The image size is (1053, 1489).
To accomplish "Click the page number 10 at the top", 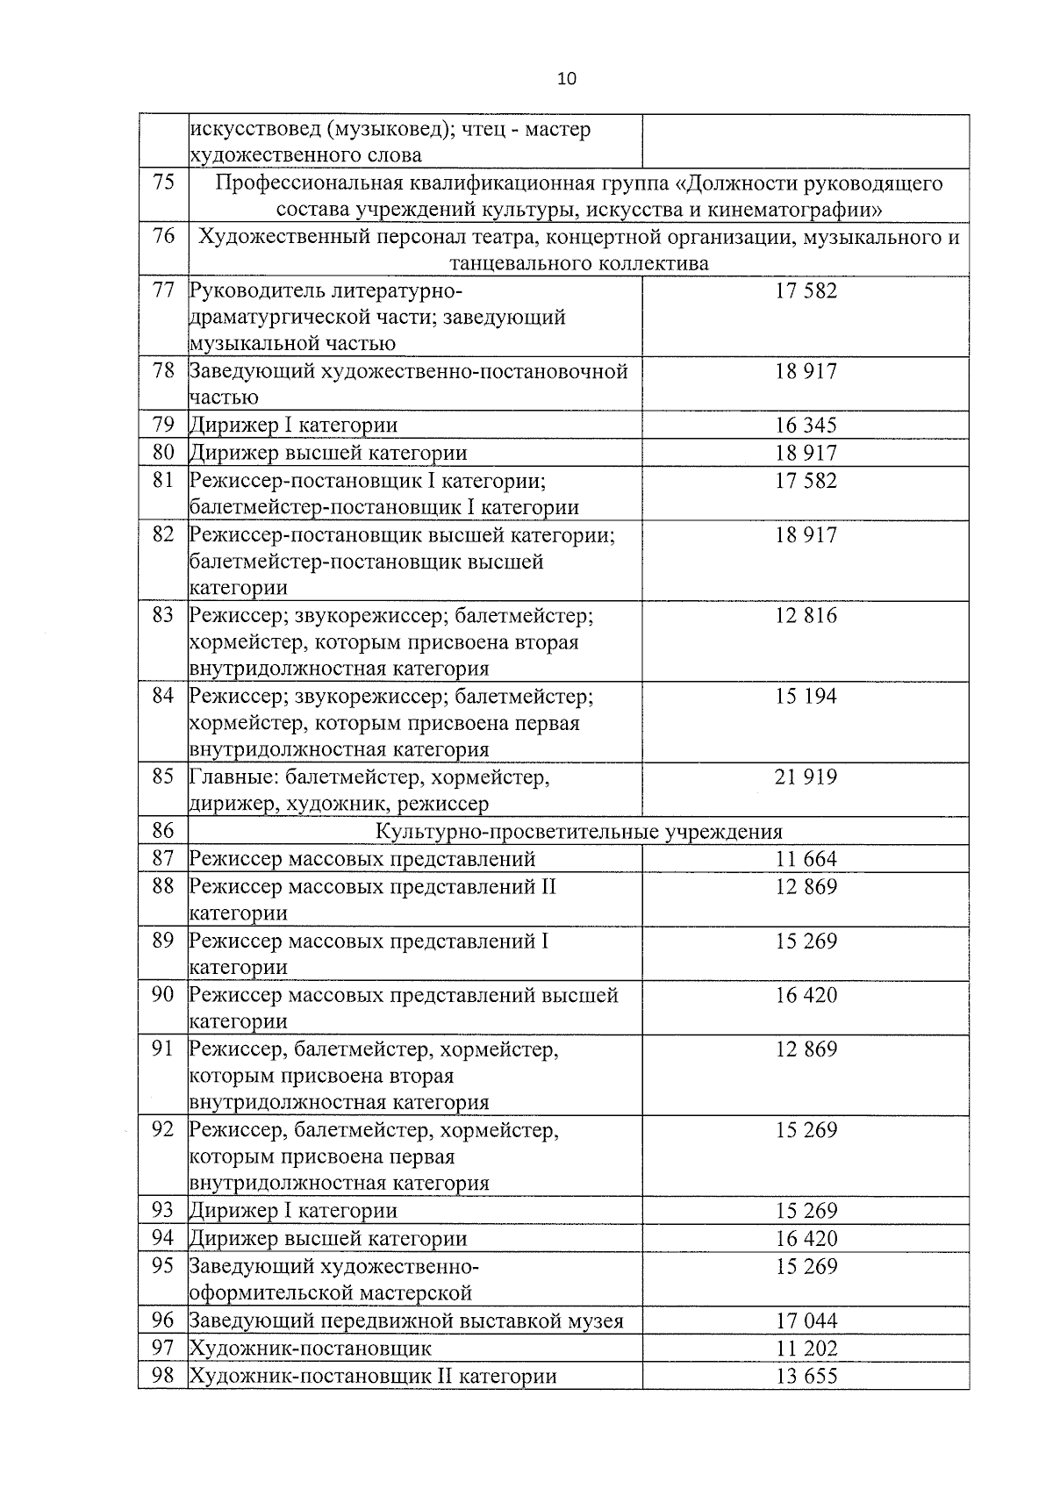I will (567, 79).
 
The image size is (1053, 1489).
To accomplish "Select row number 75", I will (163, 183).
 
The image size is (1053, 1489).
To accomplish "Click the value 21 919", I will (806, 777).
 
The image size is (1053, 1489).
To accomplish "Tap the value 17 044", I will (806, 1321).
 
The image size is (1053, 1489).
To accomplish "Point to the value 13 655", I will (806, 1377).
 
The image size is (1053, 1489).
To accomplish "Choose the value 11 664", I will (806, 859).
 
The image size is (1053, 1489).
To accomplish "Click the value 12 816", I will (806, 615).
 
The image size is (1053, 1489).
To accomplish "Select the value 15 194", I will (806, 696).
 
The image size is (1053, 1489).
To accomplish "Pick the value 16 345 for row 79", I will (806, 426).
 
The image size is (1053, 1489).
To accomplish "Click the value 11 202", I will (806, 1349).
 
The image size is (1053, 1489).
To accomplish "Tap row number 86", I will (163, 830).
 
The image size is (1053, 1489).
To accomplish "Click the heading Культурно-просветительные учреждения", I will (579, 832).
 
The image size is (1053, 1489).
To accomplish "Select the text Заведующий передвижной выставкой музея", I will (406, 1321).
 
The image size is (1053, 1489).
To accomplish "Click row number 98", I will (163, 1376).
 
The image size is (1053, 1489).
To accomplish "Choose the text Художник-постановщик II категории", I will (373, 1377).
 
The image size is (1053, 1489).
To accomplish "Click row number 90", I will (163, 995).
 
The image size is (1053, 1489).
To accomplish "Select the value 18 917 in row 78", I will (806, 371).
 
